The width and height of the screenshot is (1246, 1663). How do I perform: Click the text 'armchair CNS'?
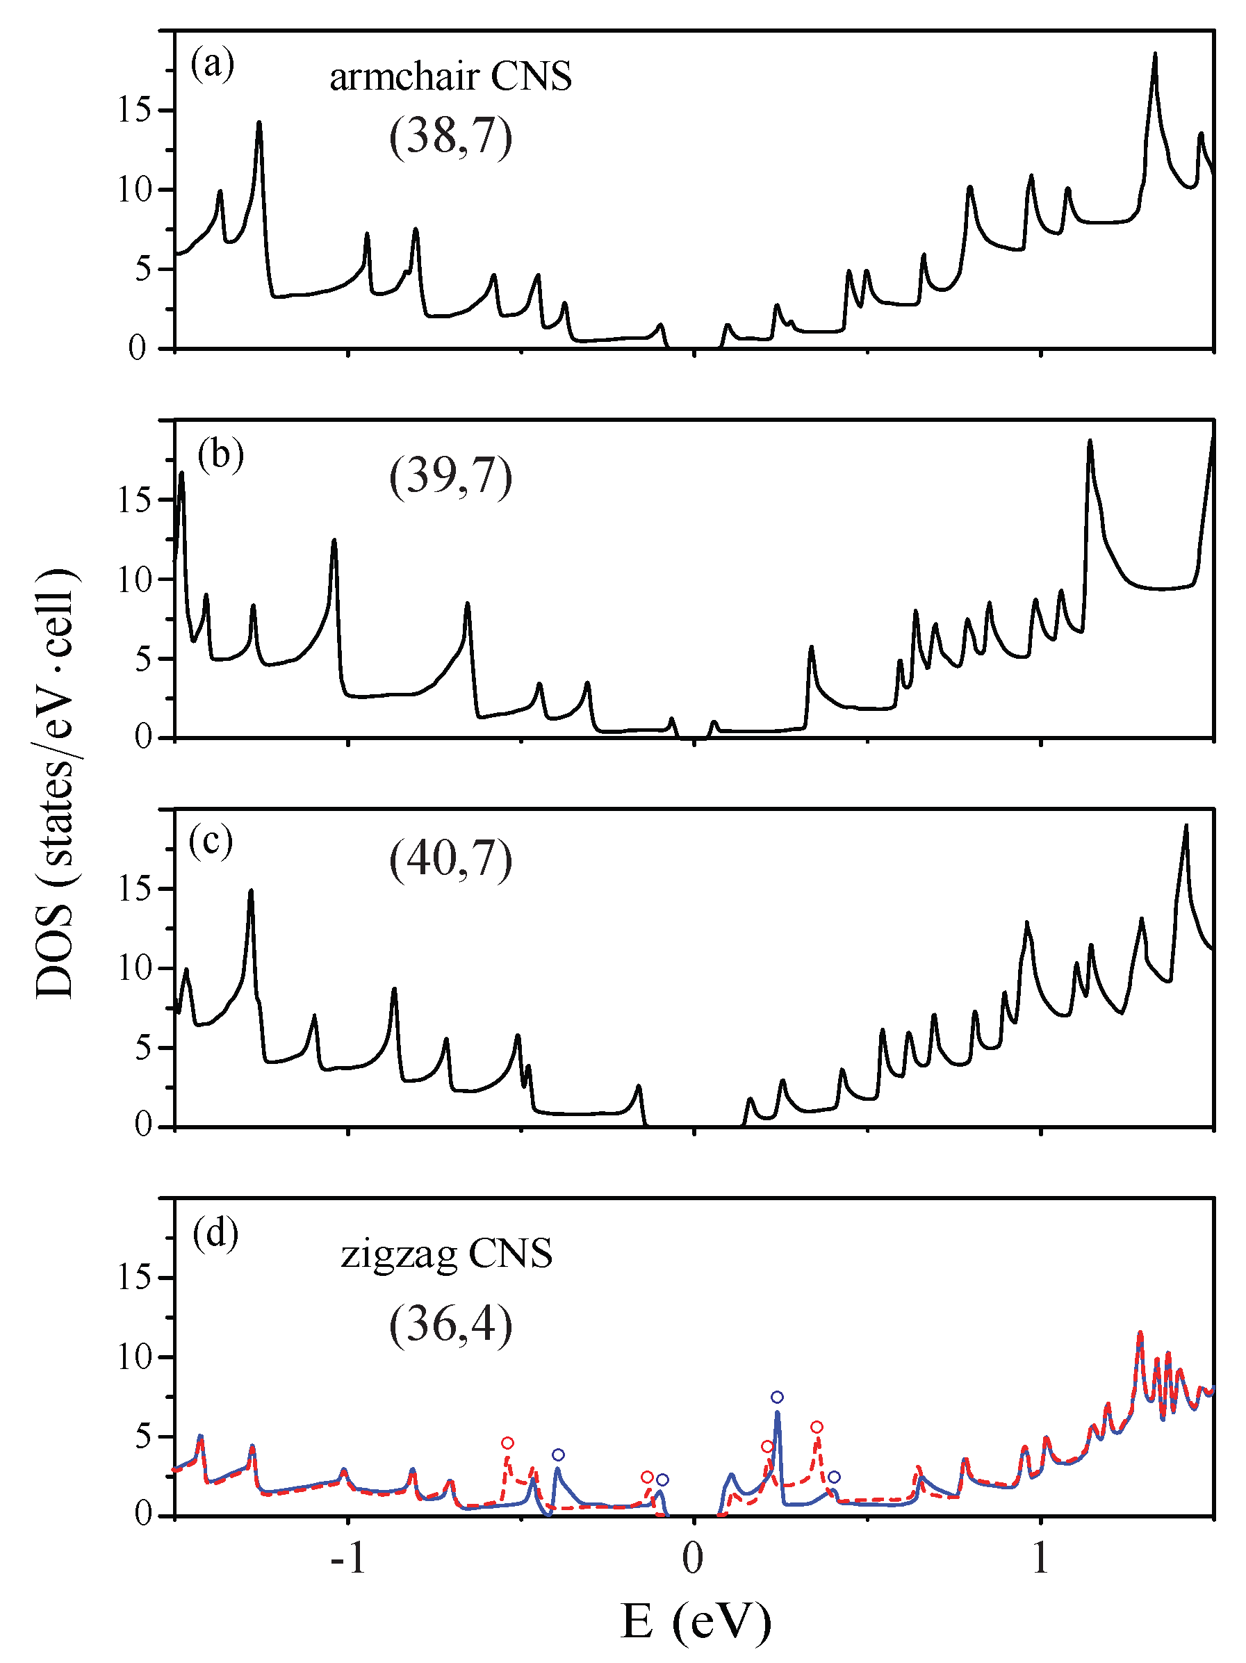click(450, 76)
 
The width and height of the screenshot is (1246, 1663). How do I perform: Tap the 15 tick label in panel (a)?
click(136, 110)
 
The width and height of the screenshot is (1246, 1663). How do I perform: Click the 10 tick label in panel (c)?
click(136, 967)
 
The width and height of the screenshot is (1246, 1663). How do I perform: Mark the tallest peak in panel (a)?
click(1155, 55)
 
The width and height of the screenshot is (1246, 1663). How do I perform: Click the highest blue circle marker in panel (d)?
click(777, 1397)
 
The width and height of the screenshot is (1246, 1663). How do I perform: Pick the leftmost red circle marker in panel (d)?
click(507, 1443)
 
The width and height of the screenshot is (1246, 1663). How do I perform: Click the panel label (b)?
click(220, 456)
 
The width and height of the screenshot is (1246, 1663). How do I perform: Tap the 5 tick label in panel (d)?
click(144, 1436)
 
